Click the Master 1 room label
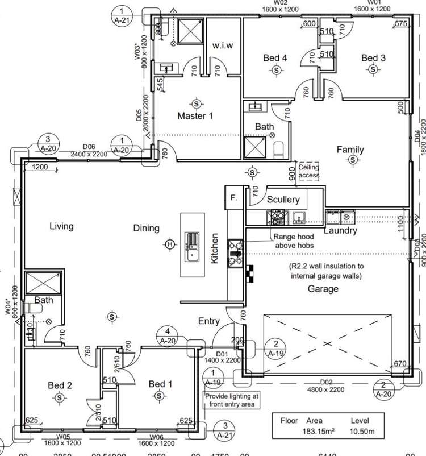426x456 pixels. [x=195, y=116]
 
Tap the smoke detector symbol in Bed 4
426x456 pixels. [x=276, y=69]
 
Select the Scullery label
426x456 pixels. [x=283, y=200]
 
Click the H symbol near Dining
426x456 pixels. [x=169, y=244]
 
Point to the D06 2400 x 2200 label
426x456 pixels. [x=88, y=150]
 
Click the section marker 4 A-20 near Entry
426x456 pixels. [x=168, y=335]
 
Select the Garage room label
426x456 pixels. [x=323, y=288]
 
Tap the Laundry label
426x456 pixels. [x=340, y=231]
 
